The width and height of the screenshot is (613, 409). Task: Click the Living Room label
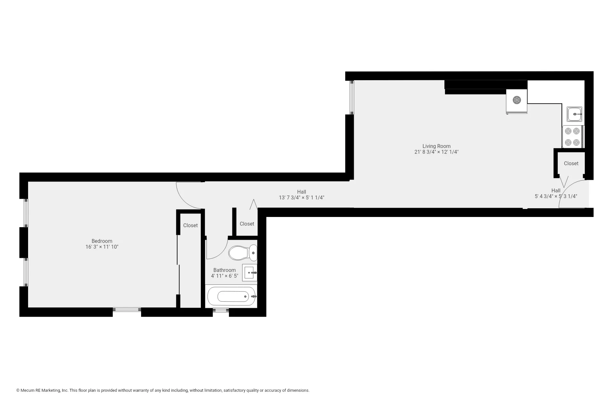(x=436, y=146)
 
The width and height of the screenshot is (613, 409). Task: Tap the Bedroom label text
(x=102, y=241)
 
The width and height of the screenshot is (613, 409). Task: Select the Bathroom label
(x=224, y=270)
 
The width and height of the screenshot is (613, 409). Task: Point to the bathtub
(x=231, y=297)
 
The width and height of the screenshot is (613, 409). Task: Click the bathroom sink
(x=249, y=273)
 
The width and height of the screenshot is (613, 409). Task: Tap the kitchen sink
(x=574, y=114)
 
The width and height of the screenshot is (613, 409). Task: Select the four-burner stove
(x=572, y=137)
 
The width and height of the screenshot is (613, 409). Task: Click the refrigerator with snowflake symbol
(x=516, y=101)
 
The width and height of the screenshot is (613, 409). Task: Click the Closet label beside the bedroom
(x=190, y=226)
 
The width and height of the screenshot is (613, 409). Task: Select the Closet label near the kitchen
(x=571, y=164)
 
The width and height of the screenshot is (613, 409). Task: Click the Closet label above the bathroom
(x=247, y=224)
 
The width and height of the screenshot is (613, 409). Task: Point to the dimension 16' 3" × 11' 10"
(x=102, y=247)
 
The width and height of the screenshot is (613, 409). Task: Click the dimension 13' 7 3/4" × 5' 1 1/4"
(x=301, y=198)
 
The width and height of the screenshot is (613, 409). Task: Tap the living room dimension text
(x=436, y=152)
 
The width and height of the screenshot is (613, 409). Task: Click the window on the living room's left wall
(x=352, y=97)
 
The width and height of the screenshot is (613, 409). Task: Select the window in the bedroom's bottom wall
(x=127, y=310)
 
